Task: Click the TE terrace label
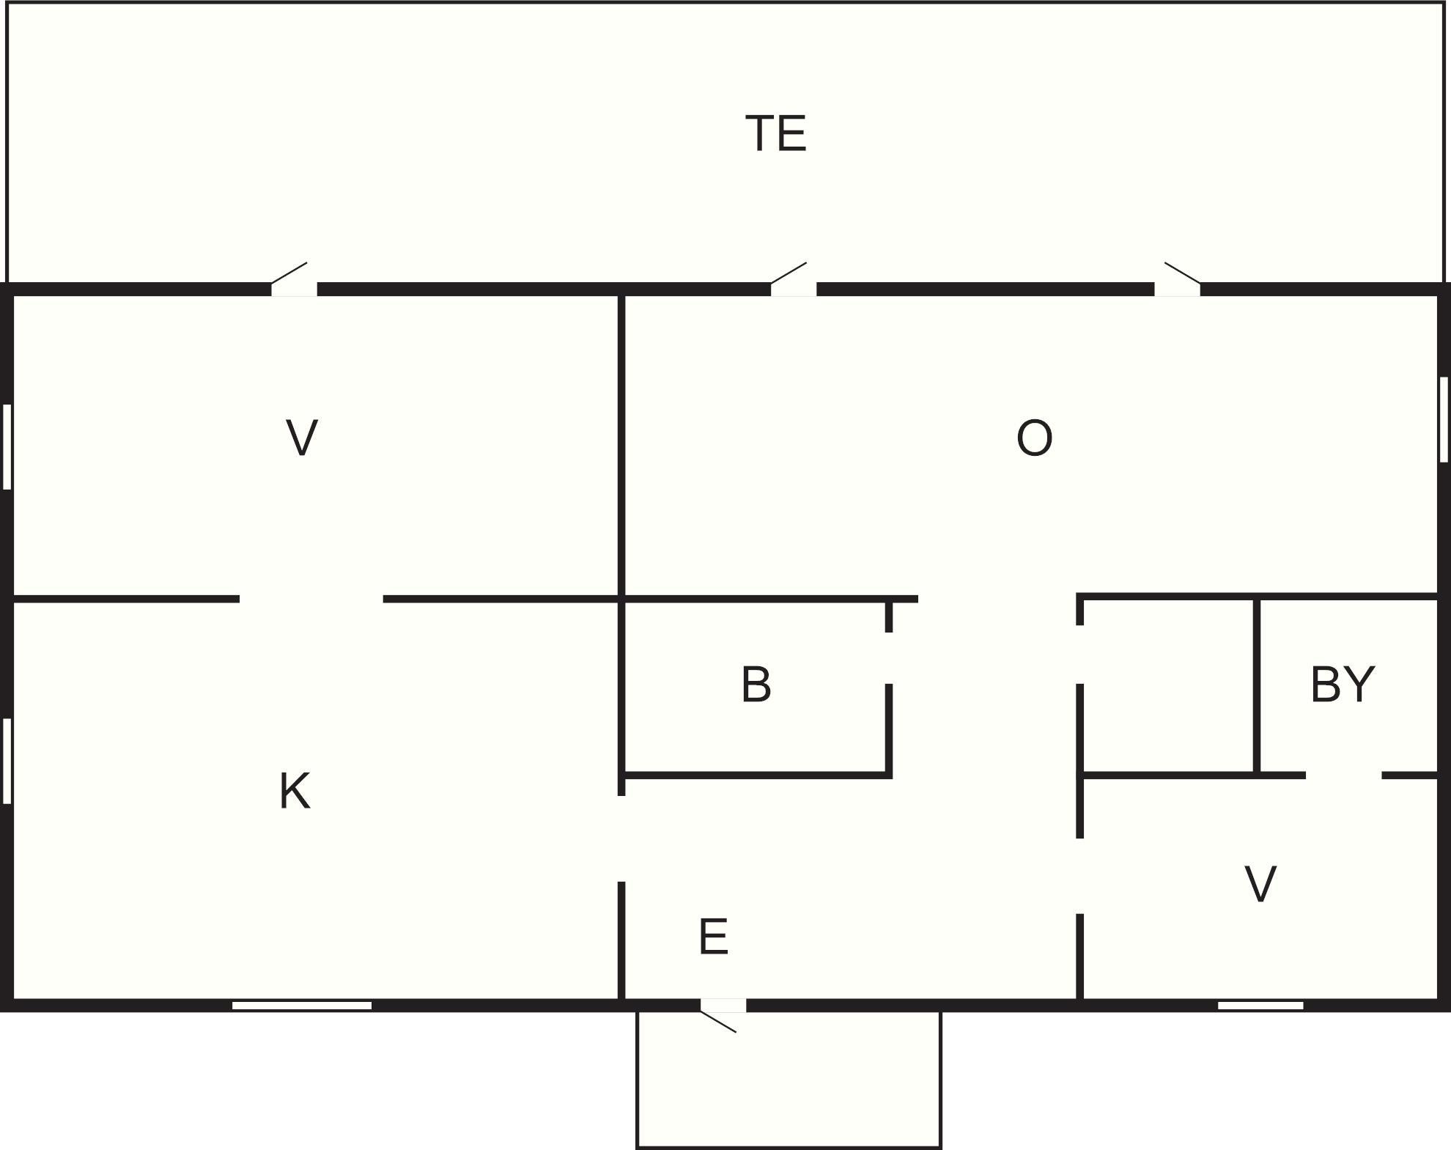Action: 776,133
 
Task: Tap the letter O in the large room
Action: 1034,438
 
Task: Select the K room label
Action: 295,791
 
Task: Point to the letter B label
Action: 756,684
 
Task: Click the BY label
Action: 1342,684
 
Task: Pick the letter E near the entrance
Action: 713,936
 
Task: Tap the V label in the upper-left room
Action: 301,438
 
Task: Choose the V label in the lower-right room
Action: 1260,883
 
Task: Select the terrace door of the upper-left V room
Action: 294,279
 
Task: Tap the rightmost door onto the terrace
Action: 1178,279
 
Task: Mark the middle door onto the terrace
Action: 794,279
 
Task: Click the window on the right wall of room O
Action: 1443,419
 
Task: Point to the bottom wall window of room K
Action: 302,1005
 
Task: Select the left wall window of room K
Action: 7,761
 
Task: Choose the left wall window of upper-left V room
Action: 7,446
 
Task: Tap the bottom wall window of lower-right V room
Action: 1260,1005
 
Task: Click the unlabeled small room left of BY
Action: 1168,686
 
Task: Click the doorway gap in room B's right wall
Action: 889,657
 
